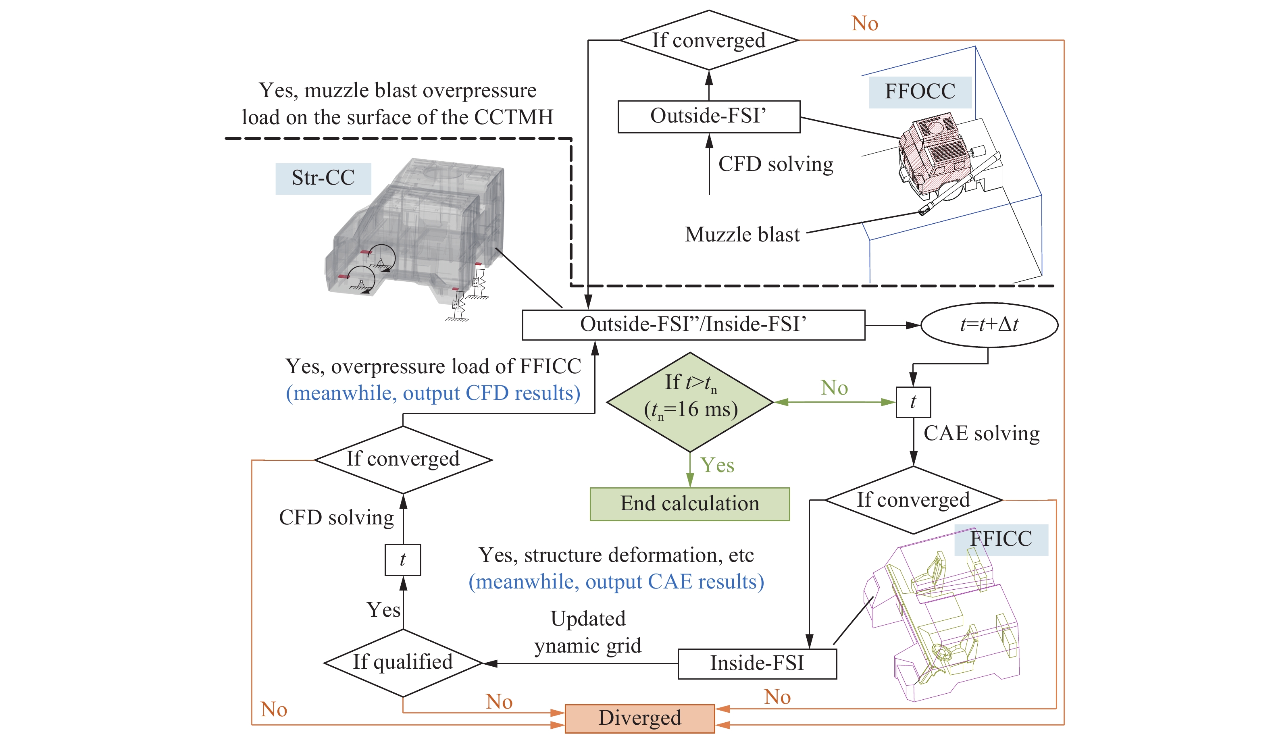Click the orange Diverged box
pos(639,718)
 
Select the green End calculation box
pos(689,503)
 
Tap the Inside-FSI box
pos(757,663)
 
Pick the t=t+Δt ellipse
pos(989,324)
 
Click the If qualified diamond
pos(403,662)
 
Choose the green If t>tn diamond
pos(690,401)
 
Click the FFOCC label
pos(920,91)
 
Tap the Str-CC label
pos(323,178)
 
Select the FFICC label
pos(1001,539)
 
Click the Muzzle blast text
pos(742,235)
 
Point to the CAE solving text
pos(981,433)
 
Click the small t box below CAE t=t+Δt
pos(913,402)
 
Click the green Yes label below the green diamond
pos(717,465)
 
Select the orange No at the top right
pos(864,24)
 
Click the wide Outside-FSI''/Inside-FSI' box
pos(693,324)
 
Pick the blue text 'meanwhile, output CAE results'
pos(616,582)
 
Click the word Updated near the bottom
pos(588,619)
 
